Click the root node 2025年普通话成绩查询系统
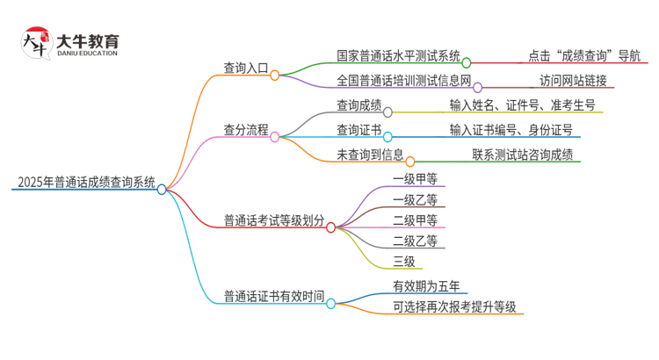pos(85,184)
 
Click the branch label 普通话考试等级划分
pos(273,220)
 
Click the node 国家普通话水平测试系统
pos(398,56)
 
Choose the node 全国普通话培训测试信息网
pos(404,81)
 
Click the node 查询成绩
pos(358,105)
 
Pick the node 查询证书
pos(358,130)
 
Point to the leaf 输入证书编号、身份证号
pos(511,130)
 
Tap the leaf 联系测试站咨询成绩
pos(522,155)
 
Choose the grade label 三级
pos(404,261)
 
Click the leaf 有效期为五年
pos(426,285)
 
